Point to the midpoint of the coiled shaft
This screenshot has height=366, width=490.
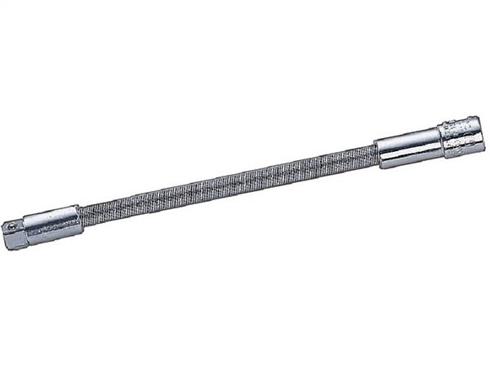point(229,181)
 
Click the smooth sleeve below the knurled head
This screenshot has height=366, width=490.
point(408,147)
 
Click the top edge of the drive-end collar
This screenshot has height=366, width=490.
point(51,209)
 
